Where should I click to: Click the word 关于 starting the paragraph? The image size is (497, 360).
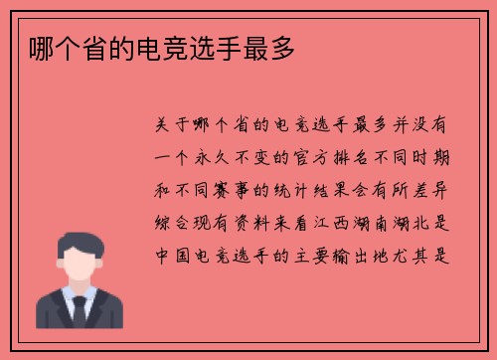[x=168, y=127]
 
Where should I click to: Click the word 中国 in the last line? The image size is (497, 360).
[x=168, y=254]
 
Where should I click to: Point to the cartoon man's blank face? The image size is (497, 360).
[x=79, y=264]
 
